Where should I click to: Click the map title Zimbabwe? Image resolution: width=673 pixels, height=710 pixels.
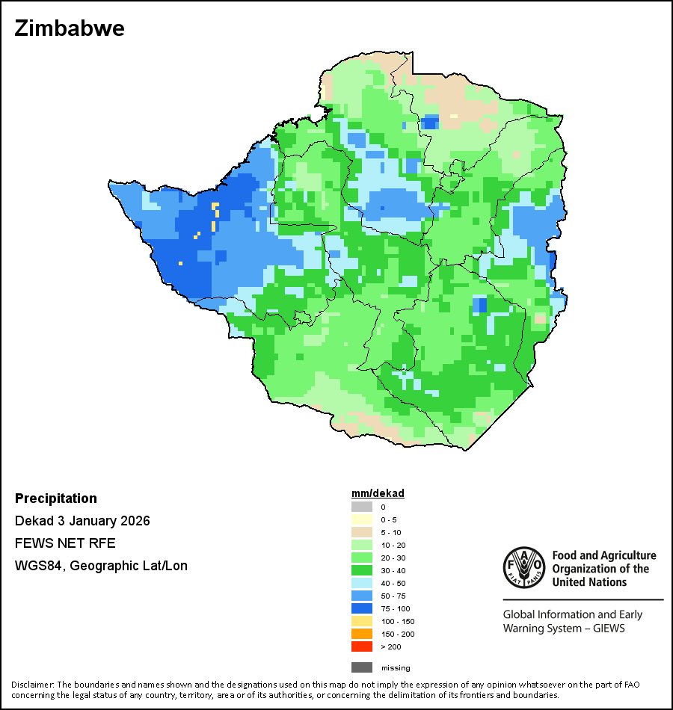(70, 28)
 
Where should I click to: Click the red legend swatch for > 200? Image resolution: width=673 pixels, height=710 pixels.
(361, 646)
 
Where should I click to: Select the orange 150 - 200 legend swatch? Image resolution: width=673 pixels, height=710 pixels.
(361, 634)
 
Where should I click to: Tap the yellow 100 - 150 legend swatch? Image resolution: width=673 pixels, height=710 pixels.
(361, 621)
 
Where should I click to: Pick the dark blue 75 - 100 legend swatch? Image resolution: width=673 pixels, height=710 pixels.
(361, 608)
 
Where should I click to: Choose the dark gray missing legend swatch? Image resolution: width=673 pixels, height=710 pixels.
(361, 667)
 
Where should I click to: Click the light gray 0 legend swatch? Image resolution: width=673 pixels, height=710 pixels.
(361, 507)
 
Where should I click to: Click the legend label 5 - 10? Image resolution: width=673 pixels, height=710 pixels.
(390, 532)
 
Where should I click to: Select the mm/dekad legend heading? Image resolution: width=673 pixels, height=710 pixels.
(378, 494)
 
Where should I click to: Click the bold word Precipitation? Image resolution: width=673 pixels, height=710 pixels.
(56, 498)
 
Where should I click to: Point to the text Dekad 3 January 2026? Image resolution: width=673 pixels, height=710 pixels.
(82, 521)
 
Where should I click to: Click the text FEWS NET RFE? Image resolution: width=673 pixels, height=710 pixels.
(65, 543)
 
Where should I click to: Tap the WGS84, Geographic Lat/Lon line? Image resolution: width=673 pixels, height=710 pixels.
(101, 566)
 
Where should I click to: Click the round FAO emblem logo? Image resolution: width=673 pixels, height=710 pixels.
(523, 568)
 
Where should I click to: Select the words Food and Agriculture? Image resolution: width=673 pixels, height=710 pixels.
(604, 555)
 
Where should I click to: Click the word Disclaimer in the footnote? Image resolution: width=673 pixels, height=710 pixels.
(32, 685)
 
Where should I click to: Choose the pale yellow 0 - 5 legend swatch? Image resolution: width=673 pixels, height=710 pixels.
(361, 519)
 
